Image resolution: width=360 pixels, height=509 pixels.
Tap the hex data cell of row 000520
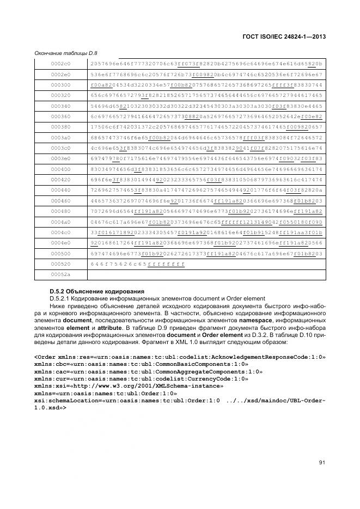pos(138,263)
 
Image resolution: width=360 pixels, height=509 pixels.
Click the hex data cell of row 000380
pos(206,126)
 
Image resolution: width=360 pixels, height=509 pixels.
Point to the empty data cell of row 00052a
pos(206,274)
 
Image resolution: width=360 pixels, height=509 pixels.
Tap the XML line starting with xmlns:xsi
pos(129,385)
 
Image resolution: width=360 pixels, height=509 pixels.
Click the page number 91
pos(321,463)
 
